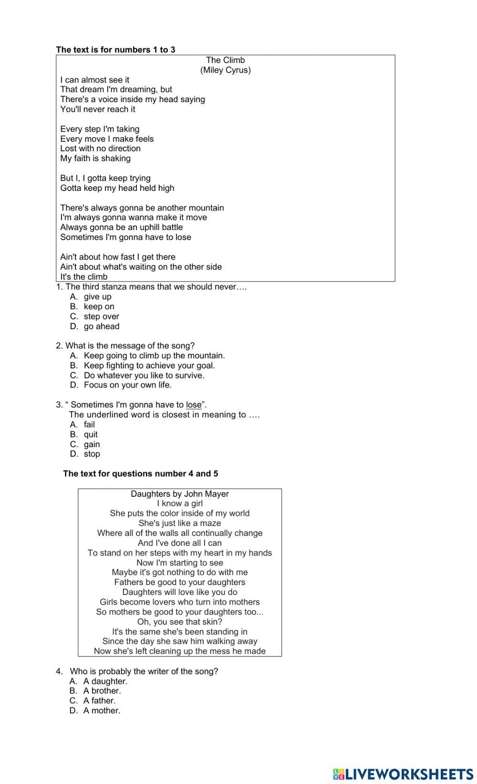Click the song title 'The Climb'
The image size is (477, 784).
tap(225, 60)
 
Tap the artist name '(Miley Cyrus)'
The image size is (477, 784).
tap(225, 70)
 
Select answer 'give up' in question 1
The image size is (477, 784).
tap(97, 297)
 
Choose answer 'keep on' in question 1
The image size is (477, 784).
tap(99, 307)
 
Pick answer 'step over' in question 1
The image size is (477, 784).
tap(101, 317)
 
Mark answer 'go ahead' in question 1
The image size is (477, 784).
tap(101, 326)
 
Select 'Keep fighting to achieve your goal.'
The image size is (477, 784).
tap(149, 366)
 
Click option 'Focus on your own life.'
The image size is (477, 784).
tap(127, 385)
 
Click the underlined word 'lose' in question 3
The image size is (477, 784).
tap(194, 405)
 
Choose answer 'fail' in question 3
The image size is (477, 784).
tap(89, 425)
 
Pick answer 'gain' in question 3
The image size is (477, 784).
tap(92, 444)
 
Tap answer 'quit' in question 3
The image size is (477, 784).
tap(91, 435)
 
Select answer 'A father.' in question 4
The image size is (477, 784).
tap(99, 701)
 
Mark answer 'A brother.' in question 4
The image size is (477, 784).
tap(102, 691)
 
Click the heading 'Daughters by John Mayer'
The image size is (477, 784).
tap(180, 494)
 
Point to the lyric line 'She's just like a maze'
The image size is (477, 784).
tap(180, 523)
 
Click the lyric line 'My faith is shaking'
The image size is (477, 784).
tap(95, 158)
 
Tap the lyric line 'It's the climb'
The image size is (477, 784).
tap(84, 277)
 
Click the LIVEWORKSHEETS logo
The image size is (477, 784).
tap(403, 774)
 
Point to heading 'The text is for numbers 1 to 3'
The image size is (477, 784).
tap(115, 50)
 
